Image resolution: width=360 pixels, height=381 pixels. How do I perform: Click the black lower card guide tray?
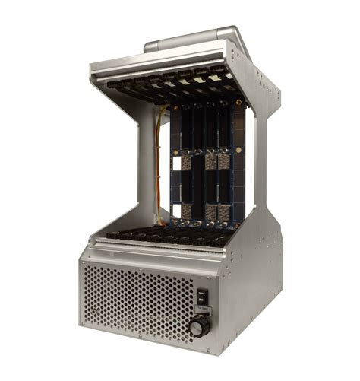[163, 236]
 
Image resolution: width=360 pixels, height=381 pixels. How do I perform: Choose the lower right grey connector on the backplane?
[225, 211]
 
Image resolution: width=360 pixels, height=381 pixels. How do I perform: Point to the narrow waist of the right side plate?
[262, 160]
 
